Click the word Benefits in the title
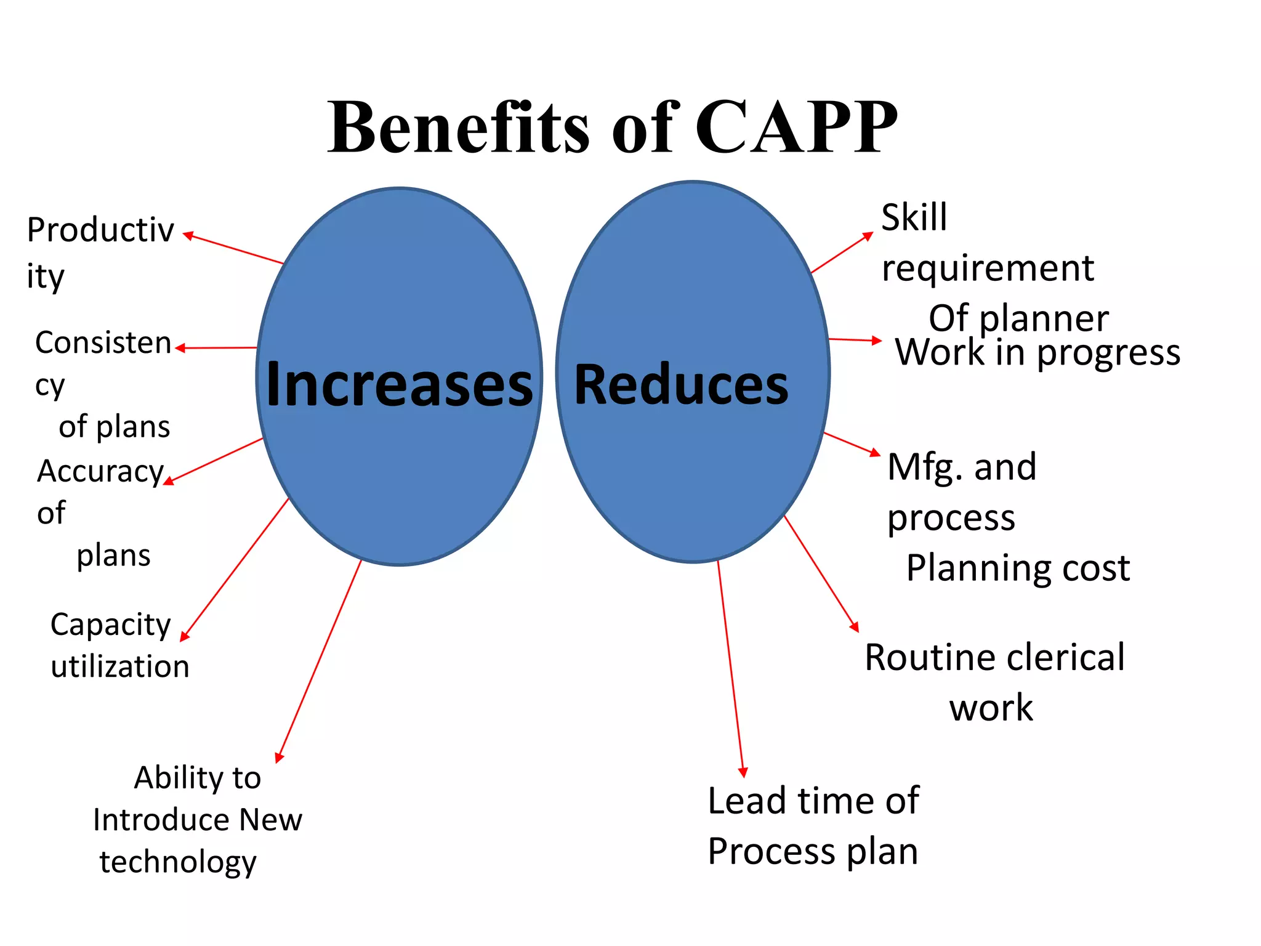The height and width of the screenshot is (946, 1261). pyautogui.click(x=459, y=127)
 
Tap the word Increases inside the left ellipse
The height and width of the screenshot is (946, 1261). pyautogui.click(x=399, y=385)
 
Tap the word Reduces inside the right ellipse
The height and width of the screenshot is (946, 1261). pyautogui.click(x=681, y=385)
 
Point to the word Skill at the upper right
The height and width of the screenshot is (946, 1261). pyautogui.click(x=914, y=217)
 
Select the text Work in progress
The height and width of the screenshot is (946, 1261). pyautogui.click(x=1037, y=352)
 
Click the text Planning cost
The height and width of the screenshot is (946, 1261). pyautogui.click(x=1018, y=568)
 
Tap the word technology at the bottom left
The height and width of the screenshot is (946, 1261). pyautogui.click(x=178, y=862)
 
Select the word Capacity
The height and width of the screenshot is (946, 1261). pyautogui.click(x=111, y=625)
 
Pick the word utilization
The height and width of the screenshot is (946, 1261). pyautogui.click(x=120, y=667)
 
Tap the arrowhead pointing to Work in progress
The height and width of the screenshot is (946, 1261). pyautogui.click(x=877, y=341)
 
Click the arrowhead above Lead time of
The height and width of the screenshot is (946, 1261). pyautogui.click(x=743, y=772)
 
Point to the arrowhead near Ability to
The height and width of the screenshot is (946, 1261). pyautogui.click(x=280, y=758)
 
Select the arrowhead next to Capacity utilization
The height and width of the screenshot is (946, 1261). pyautogui.click(x=184, y=636)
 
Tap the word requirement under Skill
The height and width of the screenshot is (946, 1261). pyautogui.click(x=988, y=269)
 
